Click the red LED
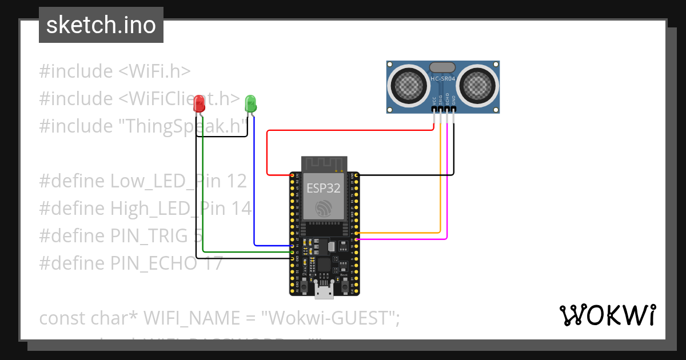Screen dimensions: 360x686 (x=199, y=104)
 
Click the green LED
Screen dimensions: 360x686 (x=250, y=103)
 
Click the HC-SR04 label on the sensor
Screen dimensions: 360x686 (x=442, y=79)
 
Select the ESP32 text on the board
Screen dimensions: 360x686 (x=324, y=188)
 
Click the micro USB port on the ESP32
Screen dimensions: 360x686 (x=324, y=292)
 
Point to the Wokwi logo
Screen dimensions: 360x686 (x=607, y=315)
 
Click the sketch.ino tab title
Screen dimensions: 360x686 (x=101, y=25)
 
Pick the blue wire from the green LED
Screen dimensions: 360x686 (x=253, y=189)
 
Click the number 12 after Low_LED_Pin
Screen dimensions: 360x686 (x=236, y=181)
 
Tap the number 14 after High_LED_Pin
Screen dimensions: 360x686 (x=241, y=209)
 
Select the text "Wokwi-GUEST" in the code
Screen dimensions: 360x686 (x=330, y=318)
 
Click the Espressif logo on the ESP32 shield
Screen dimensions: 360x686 (x=324, y=209)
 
